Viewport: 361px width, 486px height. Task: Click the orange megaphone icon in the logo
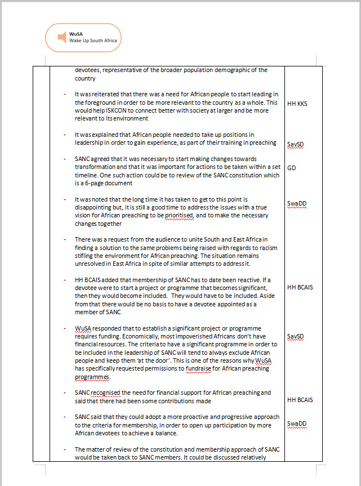click(61, 37)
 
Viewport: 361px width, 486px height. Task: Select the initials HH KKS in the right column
click(297, 104)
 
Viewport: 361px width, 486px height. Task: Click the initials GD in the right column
click(291, 168)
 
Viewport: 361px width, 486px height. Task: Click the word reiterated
click(102, 95)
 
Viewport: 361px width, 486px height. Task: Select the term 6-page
click(91, 183)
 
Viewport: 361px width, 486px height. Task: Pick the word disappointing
click(97, 208)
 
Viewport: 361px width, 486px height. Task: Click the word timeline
click(88, 175)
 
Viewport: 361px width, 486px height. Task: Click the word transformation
click(97, 167)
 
